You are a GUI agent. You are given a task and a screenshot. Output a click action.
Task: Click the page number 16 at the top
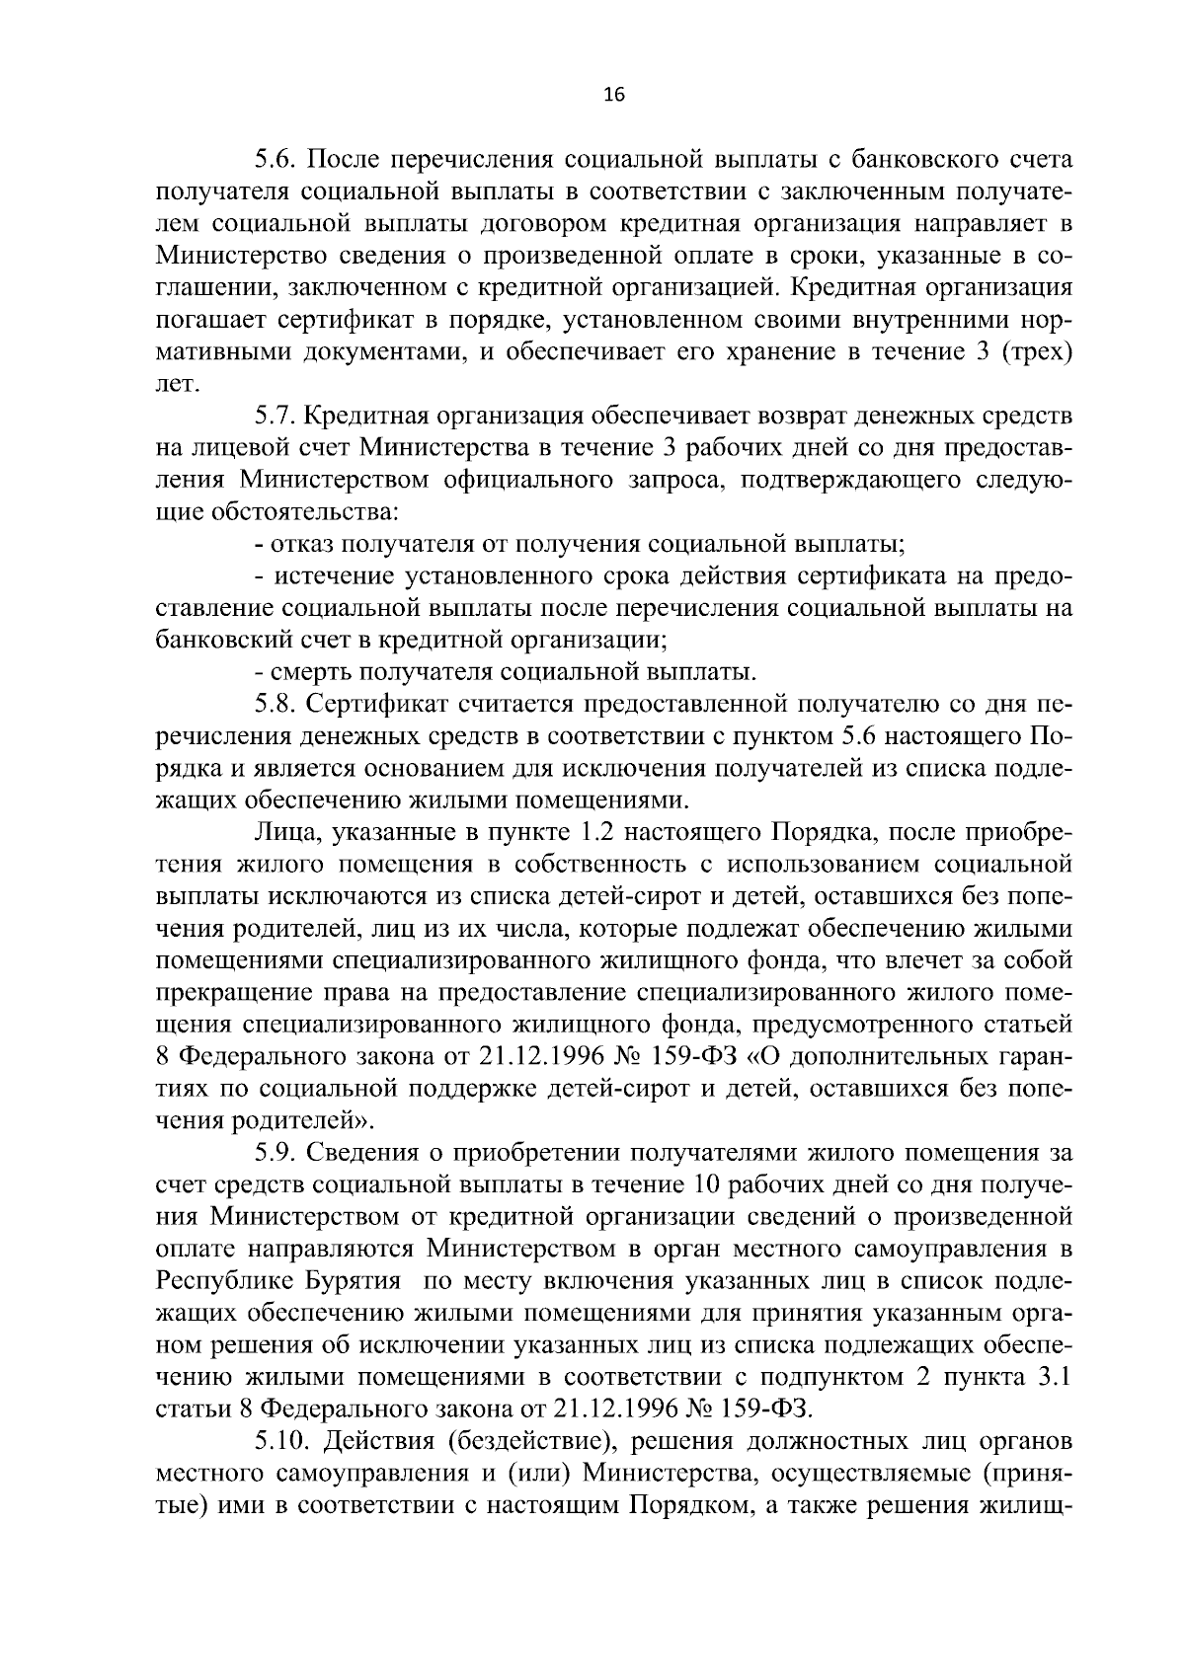click(x=612, y=95)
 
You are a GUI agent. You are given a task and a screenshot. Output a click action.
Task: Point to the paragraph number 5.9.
click(x=276, y=1152)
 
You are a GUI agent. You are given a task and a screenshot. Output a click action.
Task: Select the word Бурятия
click(x=360, y=1281)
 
